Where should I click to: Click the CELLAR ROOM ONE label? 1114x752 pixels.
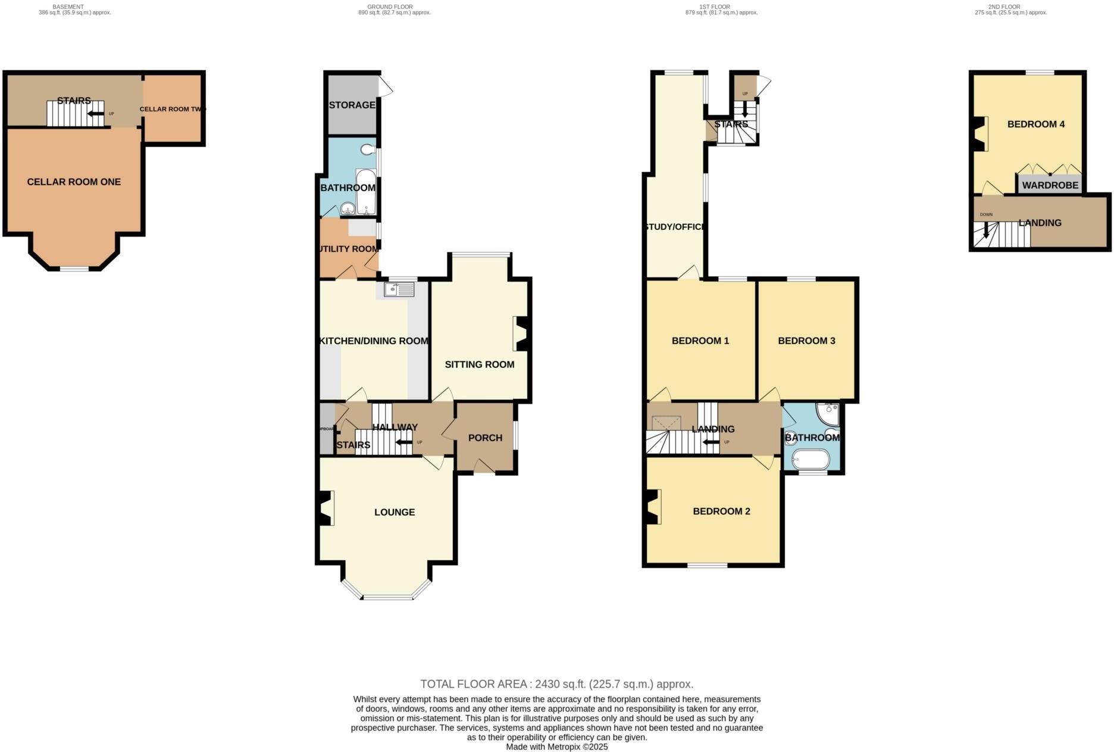[x=74, y=182]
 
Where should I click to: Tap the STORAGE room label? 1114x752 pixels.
[x=352, y=105]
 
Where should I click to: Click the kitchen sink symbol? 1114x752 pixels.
[x=399, y=290]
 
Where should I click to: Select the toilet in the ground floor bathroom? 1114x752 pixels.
[x=368, y=149]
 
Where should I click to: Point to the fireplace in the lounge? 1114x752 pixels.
[x=325, y=508]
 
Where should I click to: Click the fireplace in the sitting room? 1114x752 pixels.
[x=522, y=333]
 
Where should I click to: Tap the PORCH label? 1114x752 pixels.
[x=485, y=438]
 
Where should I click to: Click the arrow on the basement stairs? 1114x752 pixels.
[x=95, y=114]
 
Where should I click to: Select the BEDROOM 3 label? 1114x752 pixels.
[x=806, y=341]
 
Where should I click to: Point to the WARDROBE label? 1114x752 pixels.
[x=1050, y=186]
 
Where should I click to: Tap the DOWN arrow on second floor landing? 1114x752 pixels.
[x=986, y=230]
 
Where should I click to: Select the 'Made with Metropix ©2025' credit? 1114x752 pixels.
[x=556, y=747]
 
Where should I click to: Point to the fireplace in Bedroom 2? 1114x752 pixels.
[x=653, y=507]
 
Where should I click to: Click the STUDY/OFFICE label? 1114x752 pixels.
[x=675, y=227]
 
